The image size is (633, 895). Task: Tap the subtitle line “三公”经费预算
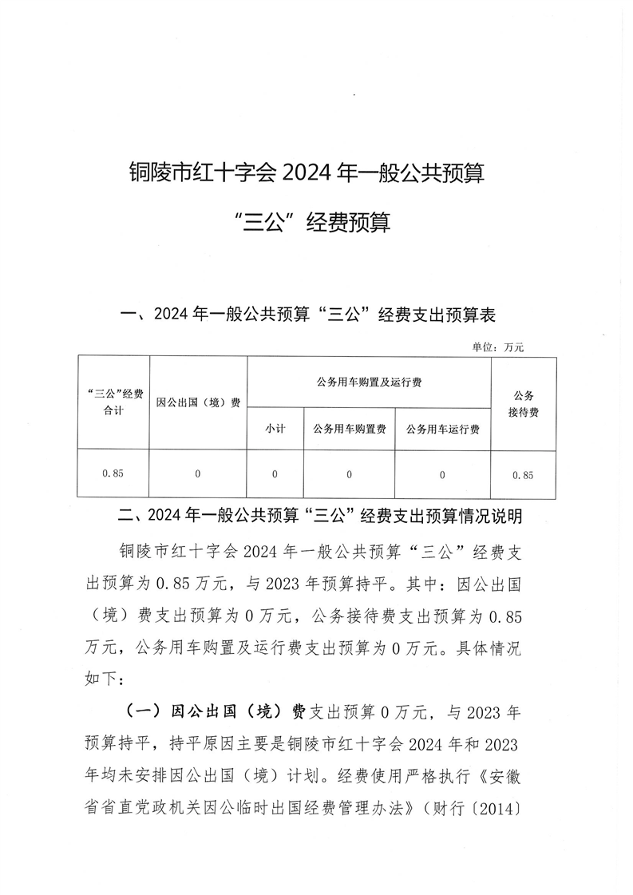pos(307,223)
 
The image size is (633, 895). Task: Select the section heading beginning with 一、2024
pos(307,315)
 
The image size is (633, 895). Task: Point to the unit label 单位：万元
pos(499,347)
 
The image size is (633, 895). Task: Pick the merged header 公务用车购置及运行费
pos(369,382)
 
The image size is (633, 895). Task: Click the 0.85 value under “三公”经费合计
pos(113,473)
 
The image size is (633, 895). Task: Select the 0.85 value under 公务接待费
pos(523,474)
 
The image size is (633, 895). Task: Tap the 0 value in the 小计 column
pos(275,474)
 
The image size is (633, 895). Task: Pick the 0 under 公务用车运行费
pos(442,474)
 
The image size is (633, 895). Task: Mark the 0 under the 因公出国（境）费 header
pos(198,474)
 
